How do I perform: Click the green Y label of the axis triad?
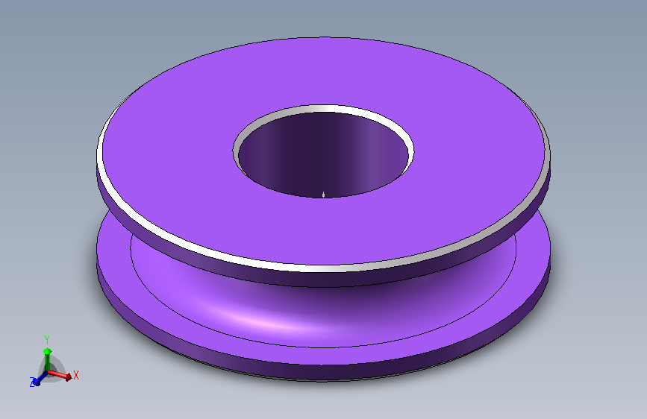47,340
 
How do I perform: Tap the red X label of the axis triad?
75,375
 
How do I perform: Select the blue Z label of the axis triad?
32,382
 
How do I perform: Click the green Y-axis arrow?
48,359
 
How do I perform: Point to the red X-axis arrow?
60,374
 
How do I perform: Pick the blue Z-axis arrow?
40,378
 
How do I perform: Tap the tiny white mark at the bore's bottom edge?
324,195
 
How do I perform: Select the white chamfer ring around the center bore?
324,108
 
